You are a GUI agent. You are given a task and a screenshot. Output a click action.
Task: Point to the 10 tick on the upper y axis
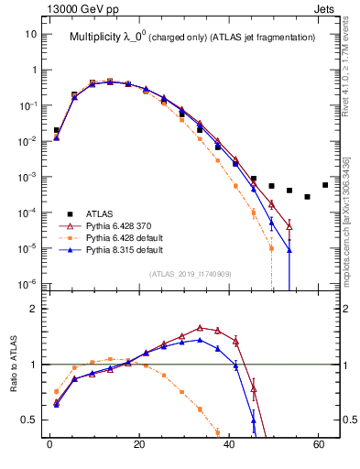[30, 34]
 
